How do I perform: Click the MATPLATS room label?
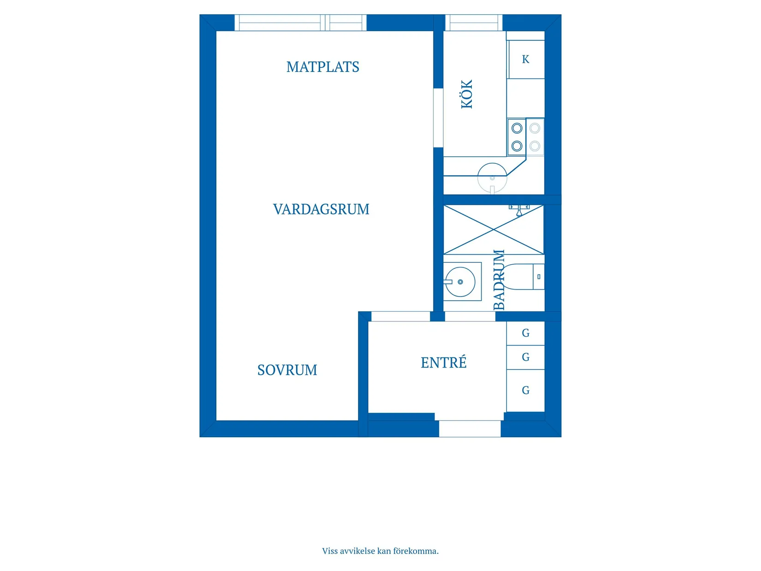click(x=322, y=67)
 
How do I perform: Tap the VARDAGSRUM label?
click(x=321, y=209)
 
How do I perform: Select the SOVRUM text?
click(x=287, y=370)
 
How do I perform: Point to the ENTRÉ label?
click(x=443, y=362)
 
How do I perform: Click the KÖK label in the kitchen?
click(x=467, y=94)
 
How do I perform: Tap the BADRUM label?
click(x=499, y=280)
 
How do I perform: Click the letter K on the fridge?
click(x=526, y=59)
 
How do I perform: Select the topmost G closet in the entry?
click(x=525, y=333)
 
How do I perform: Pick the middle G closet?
click(x=525, y=357)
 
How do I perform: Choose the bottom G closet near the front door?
click(x=525, y=390)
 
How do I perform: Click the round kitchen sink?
click(x=492, y=178)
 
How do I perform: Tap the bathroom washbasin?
click(x=460, y=281)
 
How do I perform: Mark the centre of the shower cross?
click(x=493, y=230)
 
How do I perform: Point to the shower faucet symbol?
click(x=519, y=210)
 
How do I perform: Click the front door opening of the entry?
click(x=470, y=428)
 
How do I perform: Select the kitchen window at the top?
click(x=474, y=23)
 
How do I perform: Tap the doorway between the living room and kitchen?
click(x=438, y=118)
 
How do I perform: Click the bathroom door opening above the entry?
click(x=470, y=316)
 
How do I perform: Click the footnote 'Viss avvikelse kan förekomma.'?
click(x=380, y=551)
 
